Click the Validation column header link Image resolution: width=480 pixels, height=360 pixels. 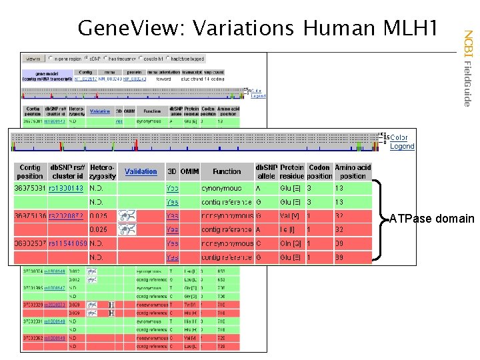point(141,171)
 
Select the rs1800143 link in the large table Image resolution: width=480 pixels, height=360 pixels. point(67,189)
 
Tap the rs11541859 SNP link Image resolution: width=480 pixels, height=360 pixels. point(67,243)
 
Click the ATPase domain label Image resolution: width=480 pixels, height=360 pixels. point(432,219)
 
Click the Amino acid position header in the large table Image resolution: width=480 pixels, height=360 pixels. point(353,171)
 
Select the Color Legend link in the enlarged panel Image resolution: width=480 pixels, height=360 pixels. point(402,141)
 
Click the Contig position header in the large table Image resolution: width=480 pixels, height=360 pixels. point(30,171)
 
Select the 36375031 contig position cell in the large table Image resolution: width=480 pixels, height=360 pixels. point(30,189)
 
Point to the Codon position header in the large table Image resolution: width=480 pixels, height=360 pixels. point(319,171)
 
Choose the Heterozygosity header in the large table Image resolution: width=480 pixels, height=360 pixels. point(103,171)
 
